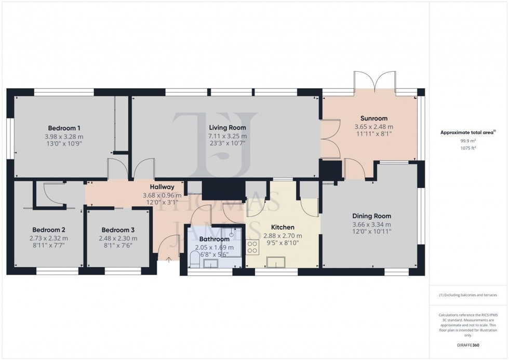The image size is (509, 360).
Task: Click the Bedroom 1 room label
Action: click(x=64, y=128)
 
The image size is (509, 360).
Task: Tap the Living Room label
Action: click(x=227, y=127)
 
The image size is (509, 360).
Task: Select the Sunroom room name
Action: click(x=373, y=118)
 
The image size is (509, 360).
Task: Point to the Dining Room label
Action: click(x=371, y=216)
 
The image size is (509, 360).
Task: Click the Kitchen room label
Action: click(x=283, y=228)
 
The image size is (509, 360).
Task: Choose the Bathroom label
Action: click(x=213, y=239)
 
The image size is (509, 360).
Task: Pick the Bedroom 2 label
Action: click(x=49, y=230)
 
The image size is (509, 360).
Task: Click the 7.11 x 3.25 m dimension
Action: click(x=227, y=136)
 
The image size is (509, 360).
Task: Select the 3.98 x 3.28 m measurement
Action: click(x=64, y=136)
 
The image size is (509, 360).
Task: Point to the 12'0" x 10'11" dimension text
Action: click(x=371, y=232)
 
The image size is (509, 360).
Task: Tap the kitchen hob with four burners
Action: click(x=253, y=247)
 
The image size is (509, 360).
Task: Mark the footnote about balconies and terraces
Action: click(x=468, y=295)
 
